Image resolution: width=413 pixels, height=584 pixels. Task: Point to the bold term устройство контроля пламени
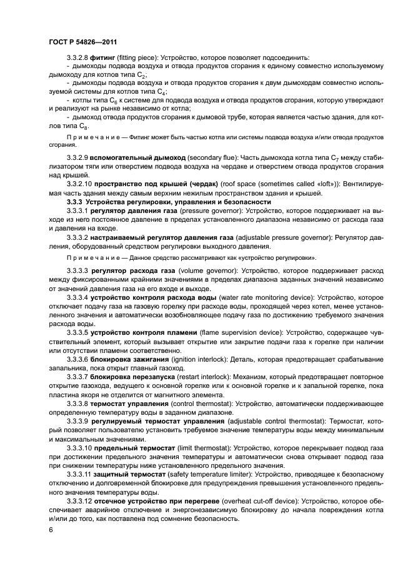(x=144, y=332)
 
